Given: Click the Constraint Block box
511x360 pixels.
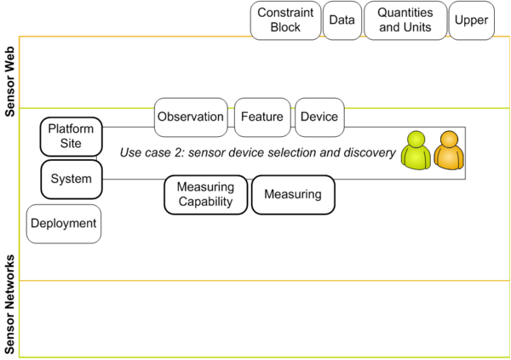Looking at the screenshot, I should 285,20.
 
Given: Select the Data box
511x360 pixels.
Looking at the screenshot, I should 342,20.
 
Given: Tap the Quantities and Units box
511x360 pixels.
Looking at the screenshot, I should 405,20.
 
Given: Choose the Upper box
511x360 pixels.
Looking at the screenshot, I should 472,20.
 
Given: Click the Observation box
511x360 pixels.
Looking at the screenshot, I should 191,117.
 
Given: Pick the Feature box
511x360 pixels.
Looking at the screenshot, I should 262,117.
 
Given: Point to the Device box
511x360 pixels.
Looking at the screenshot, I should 319,117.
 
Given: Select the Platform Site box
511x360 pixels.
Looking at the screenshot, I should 71,136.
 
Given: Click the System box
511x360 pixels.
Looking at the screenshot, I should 71,179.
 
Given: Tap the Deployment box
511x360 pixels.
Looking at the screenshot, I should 63,225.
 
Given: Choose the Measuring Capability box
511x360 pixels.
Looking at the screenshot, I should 205,194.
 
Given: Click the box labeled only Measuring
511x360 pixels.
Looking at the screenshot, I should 293,194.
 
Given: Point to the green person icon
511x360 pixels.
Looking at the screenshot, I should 416,151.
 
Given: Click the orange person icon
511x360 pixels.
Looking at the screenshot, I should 449,151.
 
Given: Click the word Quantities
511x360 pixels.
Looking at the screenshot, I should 405,13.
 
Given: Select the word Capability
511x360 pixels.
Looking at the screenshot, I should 205,202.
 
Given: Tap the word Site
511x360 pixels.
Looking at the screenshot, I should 71,144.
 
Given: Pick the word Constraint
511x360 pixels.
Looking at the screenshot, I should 285,13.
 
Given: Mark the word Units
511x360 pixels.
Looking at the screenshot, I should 419,27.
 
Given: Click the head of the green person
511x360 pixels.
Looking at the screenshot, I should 416,140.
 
